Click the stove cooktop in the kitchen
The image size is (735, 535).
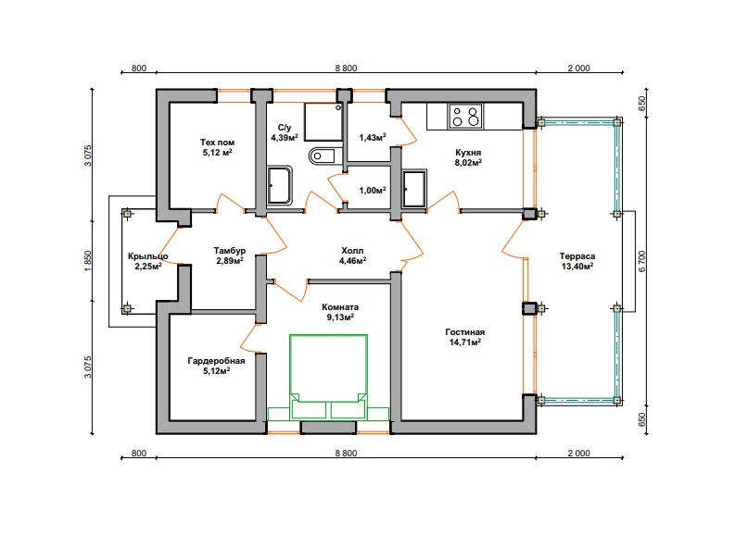[x=465, y=116]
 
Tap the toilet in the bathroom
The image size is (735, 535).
[x=323, y=156]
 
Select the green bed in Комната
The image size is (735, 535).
[x=329, y=377]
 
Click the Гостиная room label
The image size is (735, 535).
[x=465, y=332]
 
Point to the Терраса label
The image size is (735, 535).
[x=577, y=256]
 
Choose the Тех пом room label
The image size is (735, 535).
[x=217, y=142]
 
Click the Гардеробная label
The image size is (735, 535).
[x=216, y=360]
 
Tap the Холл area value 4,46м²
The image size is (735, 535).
[x=352, y=261]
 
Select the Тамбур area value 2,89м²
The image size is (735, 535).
[x=230, y=261]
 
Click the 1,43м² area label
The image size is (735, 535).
[x=373, y=137]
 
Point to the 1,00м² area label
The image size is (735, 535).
[x=373, y=190]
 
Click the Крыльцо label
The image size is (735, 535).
[x=147, y=256]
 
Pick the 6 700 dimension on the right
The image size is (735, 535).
[x=642, y=261]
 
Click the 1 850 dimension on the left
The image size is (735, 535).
[x=88, y=261]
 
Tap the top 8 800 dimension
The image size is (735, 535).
[x=346, y=68]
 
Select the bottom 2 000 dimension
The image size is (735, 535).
[x=579, y=454]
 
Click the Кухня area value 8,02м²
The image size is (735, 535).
[x=468, y=162]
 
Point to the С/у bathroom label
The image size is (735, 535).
[x=285, y=128]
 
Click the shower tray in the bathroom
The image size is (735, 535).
[x=323, y=121]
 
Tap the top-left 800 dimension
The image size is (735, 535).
[x=139, y=68]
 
